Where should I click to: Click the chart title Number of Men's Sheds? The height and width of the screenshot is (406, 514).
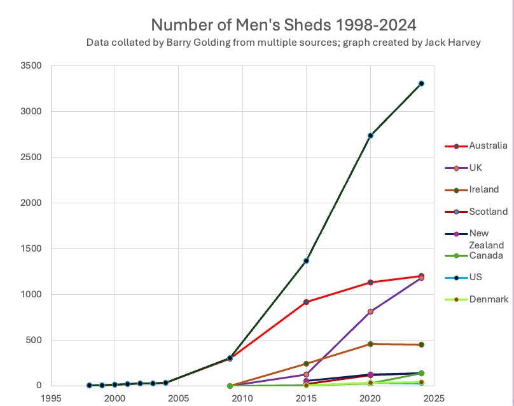(x=283, y=25)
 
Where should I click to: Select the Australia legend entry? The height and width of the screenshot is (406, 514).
(x=488, y=146)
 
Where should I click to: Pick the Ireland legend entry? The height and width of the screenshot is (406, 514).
(x=484, y=189)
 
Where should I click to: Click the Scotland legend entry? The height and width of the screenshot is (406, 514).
(x=488, y=211)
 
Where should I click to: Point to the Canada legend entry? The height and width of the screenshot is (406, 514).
(x=486, y=255)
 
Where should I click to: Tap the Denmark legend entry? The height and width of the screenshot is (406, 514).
(x=489, y=299)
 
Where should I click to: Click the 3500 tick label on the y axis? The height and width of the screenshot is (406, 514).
(x=31, y=66)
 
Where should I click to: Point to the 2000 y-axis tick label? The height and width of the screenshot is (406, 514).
(x=31, y=203)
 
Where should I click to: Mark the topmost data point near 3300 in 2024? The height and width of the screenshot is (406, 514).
(x=421, y=83)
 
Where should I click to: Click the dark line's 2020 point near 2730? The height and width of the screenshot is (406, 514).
(x=370, y=135)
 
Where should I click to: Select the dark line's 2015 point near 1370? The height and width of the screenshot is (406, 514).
(x=306, y=261)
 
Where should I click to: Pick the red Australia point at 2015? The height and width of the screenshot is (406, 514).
(x=306, y=302)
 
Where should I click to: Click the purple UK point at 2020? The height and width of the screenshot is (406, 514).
(x=370, y=311)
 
